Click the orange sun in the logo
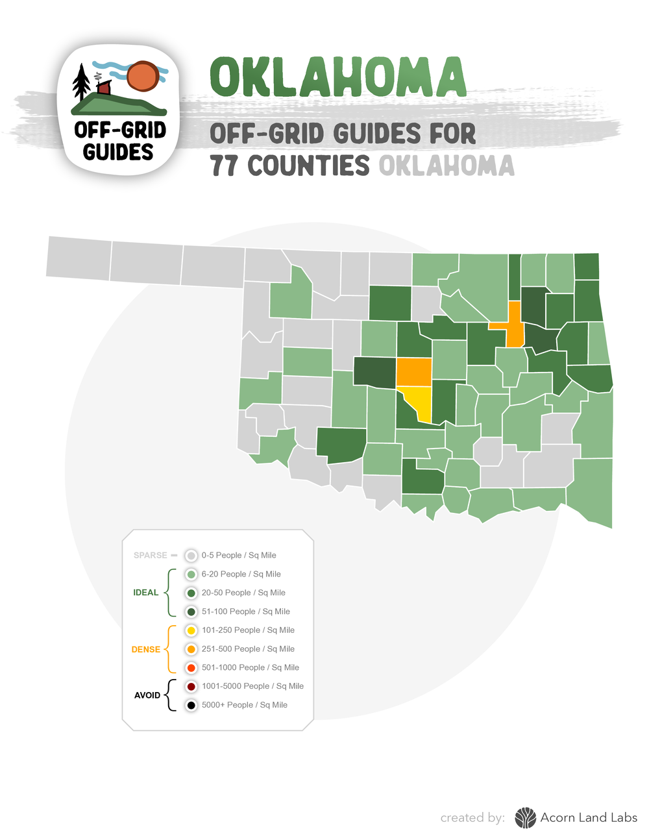tap(143, 77)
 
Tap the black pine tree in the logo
tap(81, 83)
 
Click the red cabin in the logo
tap(104, 87)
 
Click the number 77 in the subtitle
tap(225, 166)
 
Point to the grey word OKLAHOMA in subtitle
tap(447, 166)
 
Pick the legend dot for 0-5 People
tap(191, 556)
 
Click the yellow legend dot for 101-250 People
tap(191, 630)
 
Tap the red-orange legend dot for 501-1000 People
tap(191, 668)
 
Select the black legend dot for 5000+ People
tap(191, 705)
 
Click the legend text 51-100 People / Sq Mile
tap(245, 611)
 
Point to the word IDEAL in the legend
tap(145, 593)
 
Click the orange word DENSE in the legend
tap(145, 649)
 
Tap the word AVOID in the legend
tap(147, 695)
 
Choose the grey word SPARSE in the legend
tap(150, 556)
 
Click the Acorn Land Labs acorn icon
tap(525, 818)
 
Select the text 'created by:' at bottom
tap(472, 818)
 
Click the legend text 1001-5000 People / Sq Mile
tap(252, 686)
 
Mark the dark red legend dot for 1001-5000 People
tap(191, 687)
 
